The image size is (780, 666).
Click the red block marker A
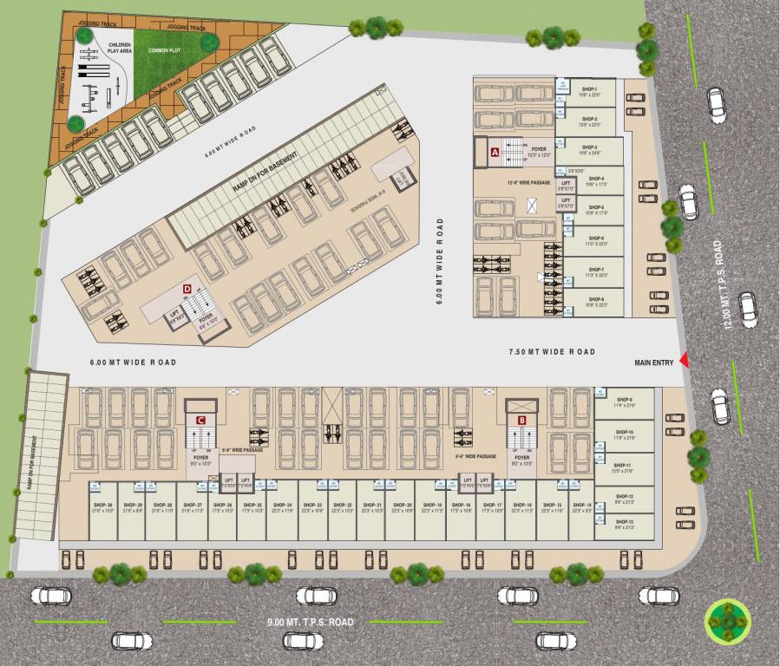pyautogui.click(x=495, y=152)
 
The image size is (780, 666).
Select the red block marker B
pyautogui.click(x=521, y=421)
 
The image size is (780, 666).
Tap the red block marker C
pyautogui.click(x=200, y=420)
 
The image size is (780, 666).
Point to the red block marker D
pyautogui.click(x=186, y=288)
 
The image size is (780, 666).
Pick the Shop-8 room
pyautogui.click(x=595, y=302)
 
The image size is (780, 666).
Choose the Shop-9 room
pyautogui.click(x=625, y=402)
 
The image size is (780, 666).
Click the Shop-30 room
pyautogui.click(x=103, y=510)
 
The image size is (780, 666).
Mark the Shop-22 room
pyautogui.click(x=343, y=510)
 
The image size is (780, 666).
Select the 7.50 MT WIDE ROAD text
pyautogui.click(x=552, y=351)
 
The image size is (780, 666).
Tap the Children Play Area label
pyautogui.click(x=120, y=49)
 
